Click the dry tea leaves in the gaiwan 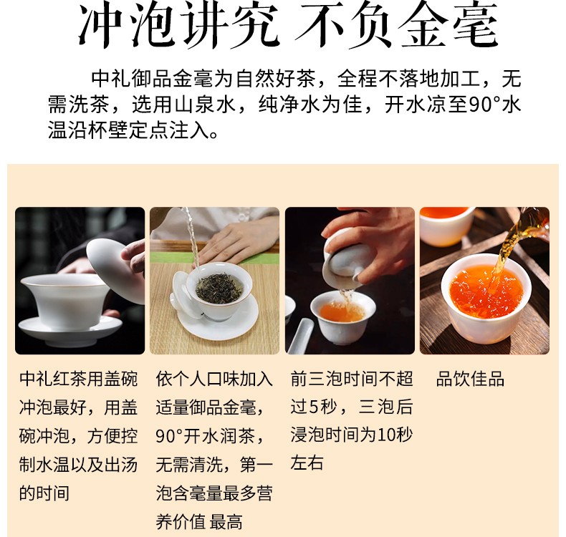(x=219, y=286)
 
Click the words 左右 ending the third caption (x=307, y=463)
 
